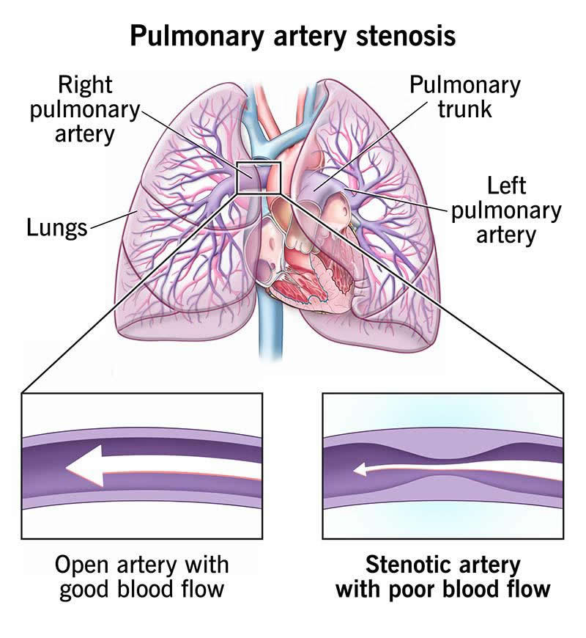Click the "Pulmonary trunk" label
coord(464,97)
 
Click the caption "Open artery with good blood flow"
coord(142,577)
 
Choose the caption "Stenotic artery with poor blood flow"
coord(442,577)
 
